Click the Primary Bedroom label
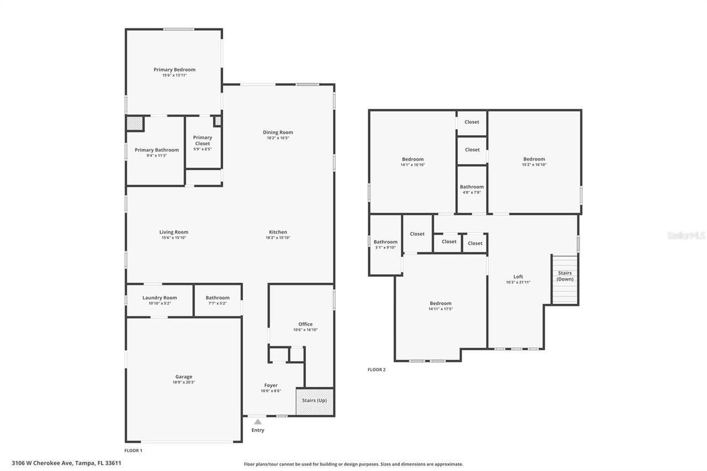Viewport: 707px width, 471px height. tap(175, 70)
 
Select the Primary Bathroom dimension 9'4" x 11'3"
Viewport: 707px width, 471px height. tap(157, 156)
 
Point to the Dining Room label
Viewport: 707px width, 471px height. tap(278, 132)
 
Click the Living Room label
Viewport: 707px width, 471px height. tap(174, 232)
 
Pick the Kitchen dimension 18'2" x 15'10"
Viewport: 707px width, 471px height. tap(278, 238)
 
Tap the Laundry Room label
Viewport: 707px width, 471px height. tap(160, 298)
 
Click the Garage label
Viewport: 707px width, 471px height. tap(184, 377)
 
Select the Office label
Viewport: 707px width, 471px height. tap(305, 324)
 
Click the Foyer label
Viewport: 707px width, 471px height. tap(271, 385)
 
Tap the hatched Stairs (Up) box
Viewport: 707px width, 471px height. tap(315, 401)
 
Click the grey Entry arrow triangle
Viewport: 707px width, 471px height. tap(257, 422)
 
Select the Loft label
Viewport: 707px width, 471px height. tap(518, 277)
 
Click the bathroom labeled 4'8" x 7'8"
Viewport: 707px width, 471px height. tap(472, 189)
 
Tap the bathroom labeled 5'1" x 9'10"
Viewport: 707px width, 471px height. tap(385, 245)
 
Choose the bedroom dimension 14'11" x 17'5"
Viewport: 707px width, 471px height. tap(441, 309)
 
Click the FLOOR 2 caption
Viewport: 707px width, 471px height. tap(377, 369)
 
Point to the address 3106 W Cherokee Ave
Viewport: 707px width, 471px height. tap(66, 463)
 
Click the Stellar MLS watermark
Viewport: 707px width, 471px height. tap(686, 236)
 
